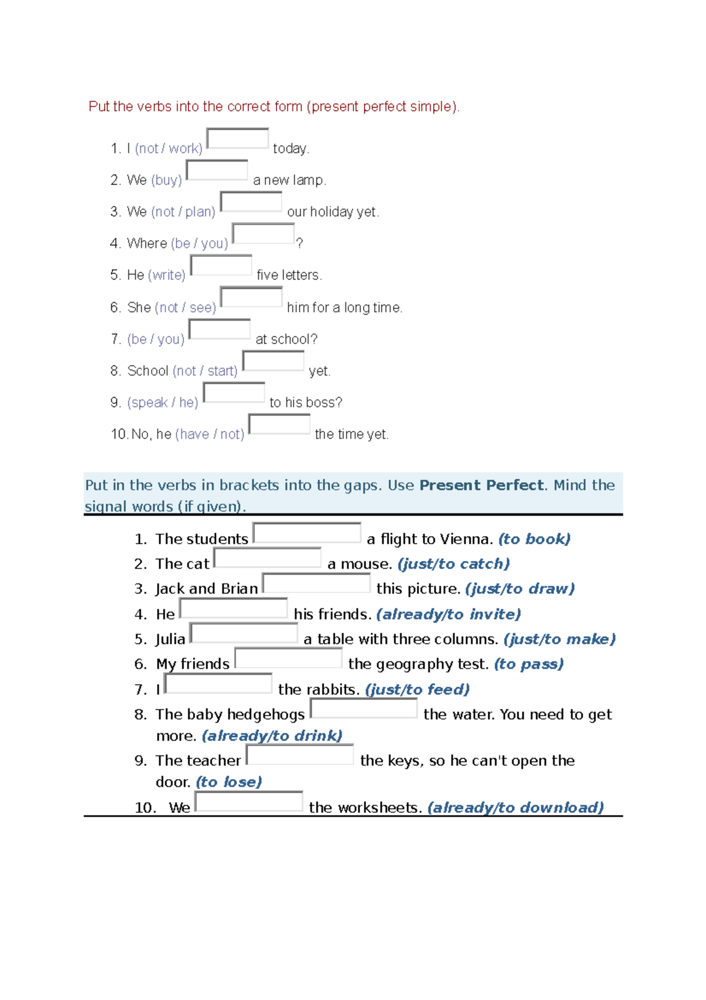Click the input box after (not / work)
pos(238,138)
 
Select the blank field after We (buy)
pos(217,170)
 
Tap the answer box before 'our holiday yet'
pos(251,201)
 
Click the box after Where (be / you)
pos(263,233)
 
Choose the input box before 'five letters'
pos(221,265)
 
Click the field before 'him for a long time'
pos(251,297)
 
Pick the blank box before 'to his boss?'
pos(234,392)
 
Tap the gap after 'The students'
pos(307,532)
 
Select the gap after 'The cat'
pos(268,557)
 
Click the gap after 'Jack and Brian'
pos(317,582)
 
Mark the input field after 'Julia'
pos(244,633)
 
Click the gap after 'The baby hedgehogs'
pos(364,708)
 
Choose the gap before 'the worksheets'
pos(249,802)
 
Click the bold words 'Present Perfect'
pos(481,485)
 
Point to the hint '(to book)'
pos(534,539)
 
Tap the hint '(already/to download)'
pos(515,807)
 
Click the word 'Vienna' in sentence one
pos(466,539)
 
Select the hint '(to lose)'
pos(229,782)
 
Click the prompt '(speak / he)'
pos(162,403)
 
